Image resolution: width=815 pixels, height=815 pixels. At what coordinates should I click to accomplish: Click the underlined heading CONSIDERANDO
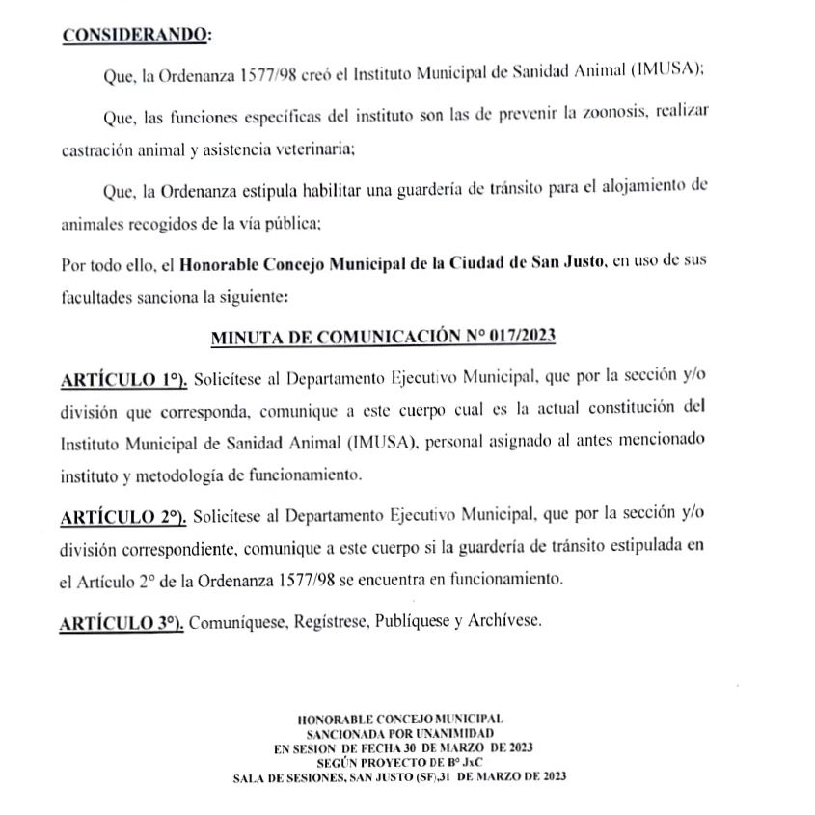(x=134, y=35)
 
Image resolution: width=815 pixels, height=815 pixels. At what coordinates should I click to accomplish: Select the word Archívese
(x=506, y=622)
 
